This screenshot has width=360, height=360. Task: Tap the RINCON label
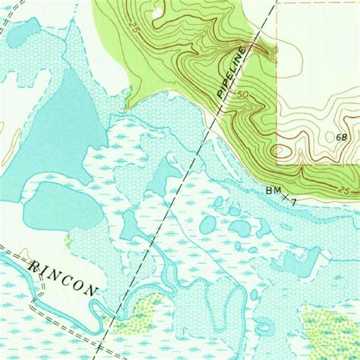pos(65,278)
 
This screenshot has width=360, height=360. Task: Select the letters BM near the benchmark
pos(272,190)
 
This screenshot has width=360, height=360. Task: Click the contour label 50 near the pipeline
pos(242,96)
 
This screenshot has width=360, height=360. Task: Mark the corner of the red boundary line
pos(277,163)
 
